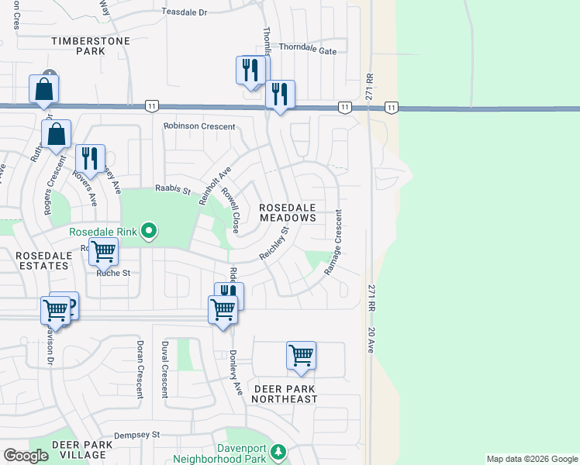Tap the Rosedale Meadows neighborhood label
click(288, 213)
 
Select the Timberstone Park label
click(79, 45)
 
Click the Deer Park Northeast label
click(286, 393)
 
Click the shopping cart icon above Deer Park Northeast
click(301, 356)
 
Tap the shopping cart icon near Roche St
click(103, 251)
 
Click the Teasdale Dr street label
click(185, 12)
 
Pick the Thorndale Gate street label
click(308, 50)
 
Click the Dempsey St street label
click(136, 436)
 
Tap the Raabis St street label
click(172, 188)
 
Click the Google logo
click(26, 456)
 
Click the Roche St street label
click(113, 273)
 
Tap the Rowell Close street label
click(230, 210)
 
